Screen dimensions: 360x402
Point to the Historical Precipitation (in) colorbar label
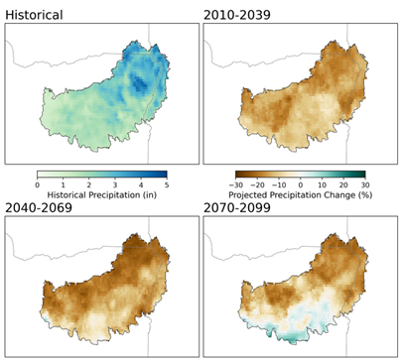pos(101,193)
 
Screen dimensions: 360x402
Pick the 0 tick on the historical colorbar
pos(37,183)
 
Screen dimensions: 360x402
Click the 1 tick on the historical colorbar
pos(63,183)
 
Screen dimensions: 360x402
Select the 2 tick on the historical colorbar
pos(88,183)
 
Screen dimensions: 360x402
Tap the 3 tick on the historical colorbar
pos(114,183)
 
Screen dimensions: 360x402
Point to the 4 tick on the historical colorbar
pos(140,183)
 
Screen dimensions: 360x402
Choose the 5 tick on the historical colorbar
pos(166,183)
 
